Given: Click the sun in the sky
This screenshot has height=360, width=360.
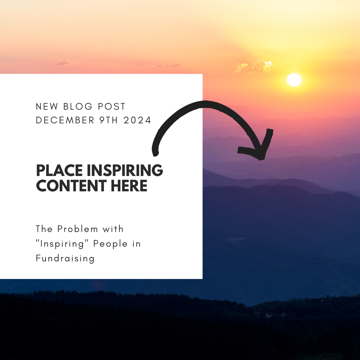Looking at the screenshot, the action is point(294,80).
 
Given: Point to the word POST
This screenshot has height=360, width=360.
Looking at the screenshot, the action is point(112,107).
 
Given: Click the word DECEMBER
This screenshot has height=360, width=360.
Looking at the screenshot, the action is point(65,120).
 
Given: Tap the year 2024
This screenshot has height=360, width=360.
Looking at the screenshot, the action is point(137,120).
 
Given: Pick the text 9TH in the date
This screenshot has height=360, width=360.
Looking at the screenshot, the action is point(109,120).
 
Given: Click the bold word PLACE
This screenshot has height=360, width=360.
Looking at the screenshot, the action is point(59,170).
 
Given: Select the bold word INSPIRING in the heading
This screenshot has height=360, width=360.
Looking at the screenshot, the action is point(125,170).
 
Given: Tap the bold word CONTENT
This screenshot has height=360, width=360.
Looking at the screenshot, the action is point(71,186).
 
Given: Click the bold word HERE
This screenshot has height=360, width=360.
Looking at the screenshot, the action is point(129,186).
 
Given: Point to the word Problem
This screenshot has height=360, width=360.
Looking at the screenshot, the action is point(78,229).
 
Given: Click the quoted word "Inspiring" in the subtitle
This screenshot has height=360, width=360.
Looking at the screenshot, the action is point(62,244).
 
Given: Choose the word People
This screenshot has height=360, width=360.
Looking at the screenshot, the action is point(110,244).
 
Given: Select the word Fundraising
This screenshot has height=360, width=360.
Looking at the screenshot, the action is point(65,258).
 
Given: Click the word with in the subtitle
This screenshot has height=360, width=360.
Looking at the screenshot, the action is point(113,229).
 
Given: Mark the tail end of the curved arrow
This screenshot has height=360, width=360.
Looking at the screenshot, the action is point(155,154).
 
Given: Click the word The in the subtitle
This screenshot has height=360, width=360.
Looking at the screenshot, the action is point(44,229).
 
